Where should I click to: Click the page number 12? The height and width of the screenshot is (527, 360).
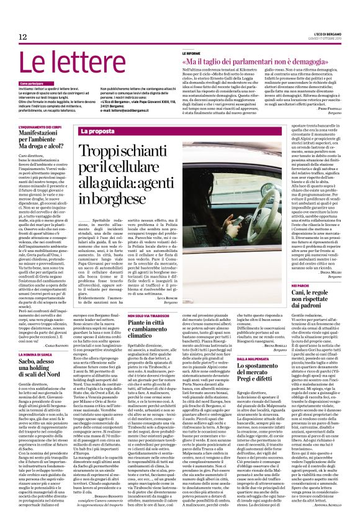pos(23,37)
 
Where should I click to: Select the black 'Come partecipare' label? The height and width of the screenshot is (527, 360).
pos(32,83)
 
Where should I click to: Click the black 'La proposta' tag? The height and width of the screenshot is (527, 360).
pos(97,132)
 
